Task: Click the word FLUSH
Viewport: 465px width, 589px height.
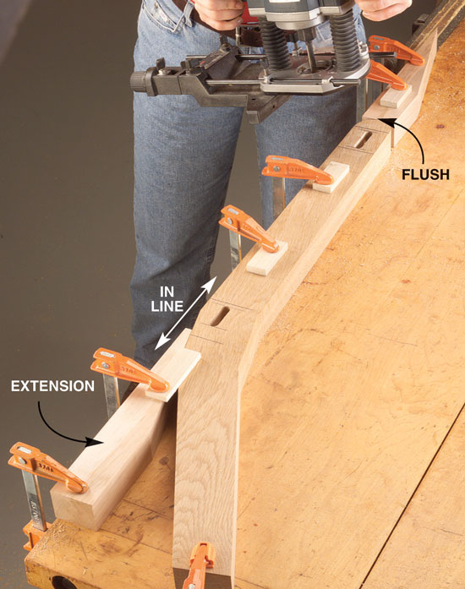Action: click(425, 174)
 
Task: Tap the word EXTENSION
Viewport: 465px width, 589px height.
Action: click(52, 386)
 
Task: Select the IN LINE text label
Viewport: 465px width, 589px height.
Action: click(167, 299)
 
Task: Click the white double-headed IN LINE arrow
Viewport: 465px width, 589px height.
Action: click(186, 314)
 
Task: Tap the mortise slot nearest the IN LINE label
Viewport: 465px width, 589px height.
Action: click(220, 316)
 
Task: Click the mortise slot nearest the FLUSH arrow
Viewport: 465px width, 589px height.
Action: click(363, 139)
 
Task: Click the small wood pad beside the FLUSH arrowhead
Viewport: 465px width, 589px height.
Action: click(396, 97)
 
